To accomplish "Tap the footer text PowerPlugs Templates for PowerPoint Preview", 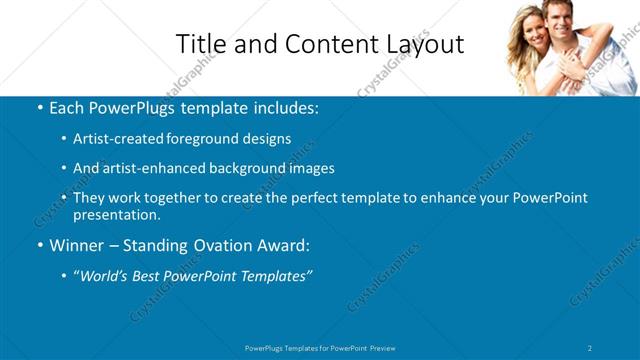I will pos(320,347).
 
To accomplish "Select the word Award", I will pos(290,245).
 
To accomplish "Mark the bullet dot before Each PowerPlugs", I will pos(38,107).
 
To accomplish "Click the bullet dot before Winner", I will pos(38,245).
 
